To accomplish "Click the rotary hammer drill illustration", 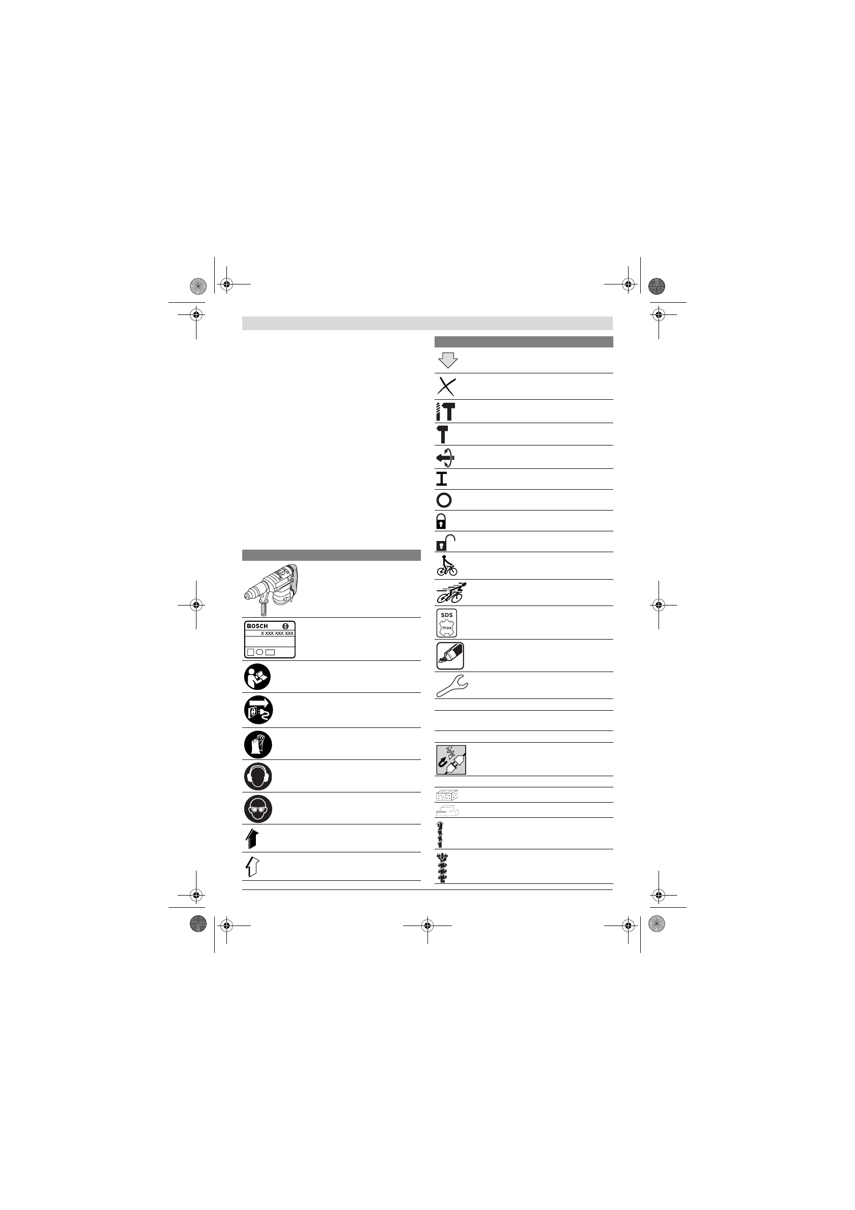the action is tap(271, 589).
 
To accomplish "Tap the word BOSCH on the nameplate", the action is tap(257, 626).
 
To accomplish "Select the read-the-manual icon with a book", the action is tap(257, 677).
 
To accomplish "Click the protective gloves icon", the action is tap(258, 744).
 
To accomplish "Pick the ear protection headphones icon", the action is tap(258, 776).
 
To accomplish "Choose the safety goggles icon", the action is tap(258, 808).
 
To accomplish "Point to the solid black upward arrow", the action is tap(252, 838).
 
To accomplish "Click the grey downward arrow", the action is tap(448, 360).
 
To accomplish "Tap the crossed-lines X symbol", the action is tap(446, 387).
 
